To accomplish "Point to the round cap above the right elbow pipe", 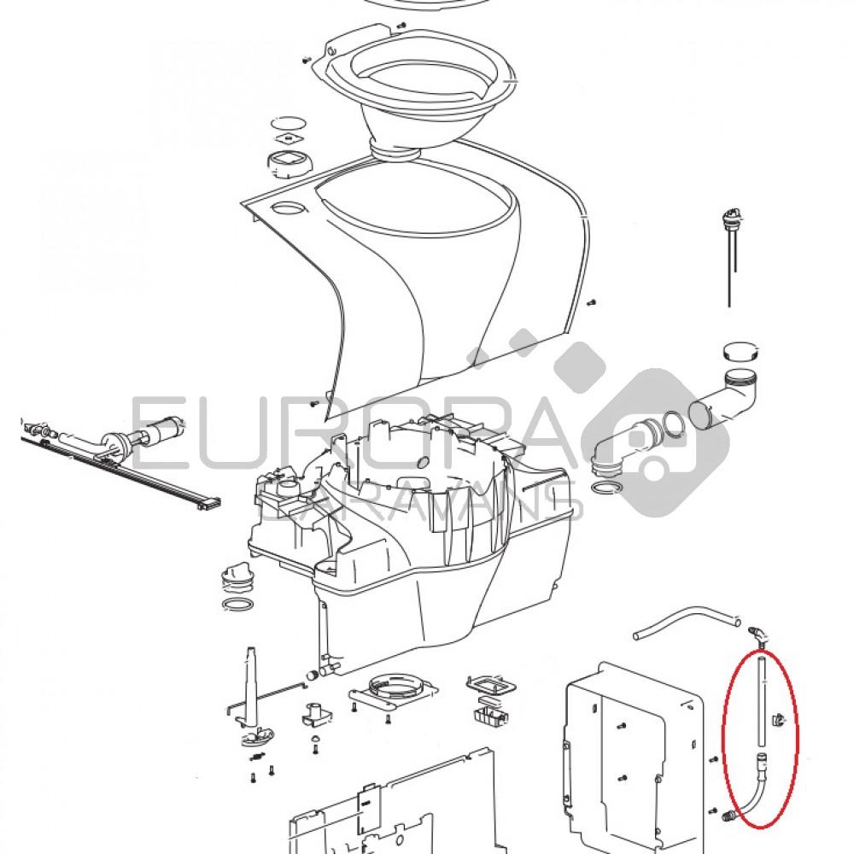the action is click(740, 350).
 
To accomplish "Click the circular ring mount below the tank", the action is click(392, 691).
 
